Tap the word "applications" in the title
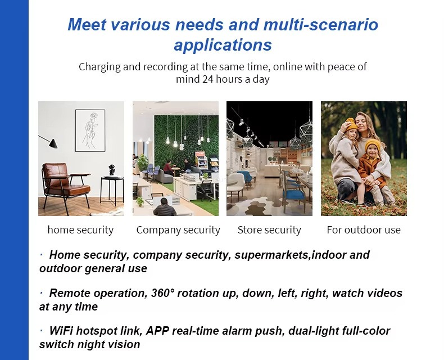click(223, 45)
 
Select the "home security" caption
click(80, 229)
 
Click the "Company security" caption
click(178, 229)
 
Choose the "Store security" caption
click(269, 229)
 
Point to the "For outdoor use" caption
click(364, 229)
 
